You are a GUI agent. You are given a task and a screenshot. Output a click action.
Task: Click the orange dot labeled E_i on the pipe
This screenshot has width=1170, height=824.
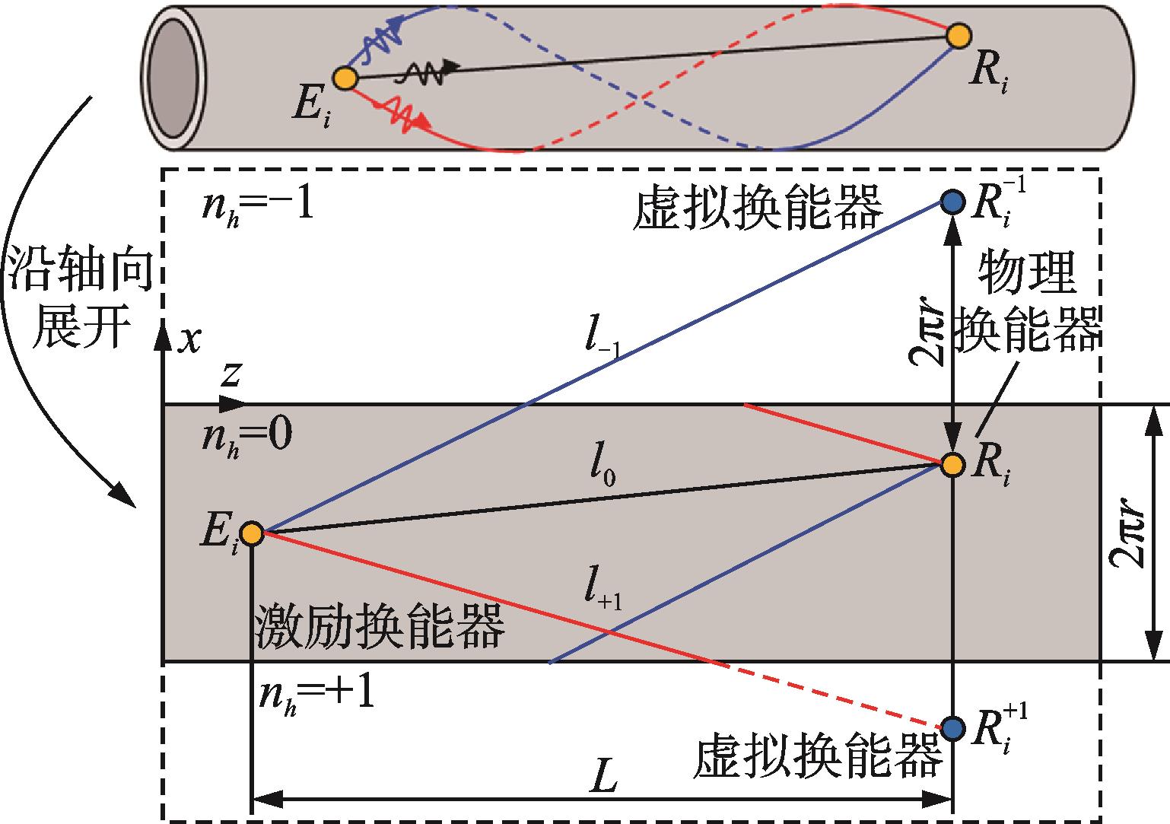[345, 78]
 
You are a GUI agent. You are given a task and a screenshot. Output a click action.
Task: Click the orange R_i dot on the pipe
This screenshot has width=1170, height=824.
[959, 35]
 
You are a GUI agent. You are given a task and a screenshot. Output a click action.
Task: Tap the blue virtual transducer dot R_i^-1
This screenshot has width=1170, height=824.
[952, 202]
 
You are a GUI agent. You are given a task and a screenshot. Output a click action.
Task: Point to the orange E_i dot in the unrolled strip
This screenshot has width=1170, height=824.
[251, 533]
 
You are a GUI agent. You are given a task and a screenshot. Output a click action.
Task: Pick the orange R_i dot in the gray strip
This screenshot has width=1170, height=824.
[952, 464]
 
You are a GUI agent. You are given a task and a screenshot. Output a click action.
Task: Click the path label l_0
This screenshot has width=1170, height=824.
[601, 474]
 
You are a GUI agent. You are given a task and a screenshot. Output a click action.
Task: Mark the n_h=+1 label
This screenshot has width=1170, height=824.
[316, 695]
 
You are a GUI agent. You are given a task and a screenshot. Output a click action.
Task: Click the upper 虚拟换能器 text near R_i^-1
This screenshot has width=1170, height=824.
[757, 208]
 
